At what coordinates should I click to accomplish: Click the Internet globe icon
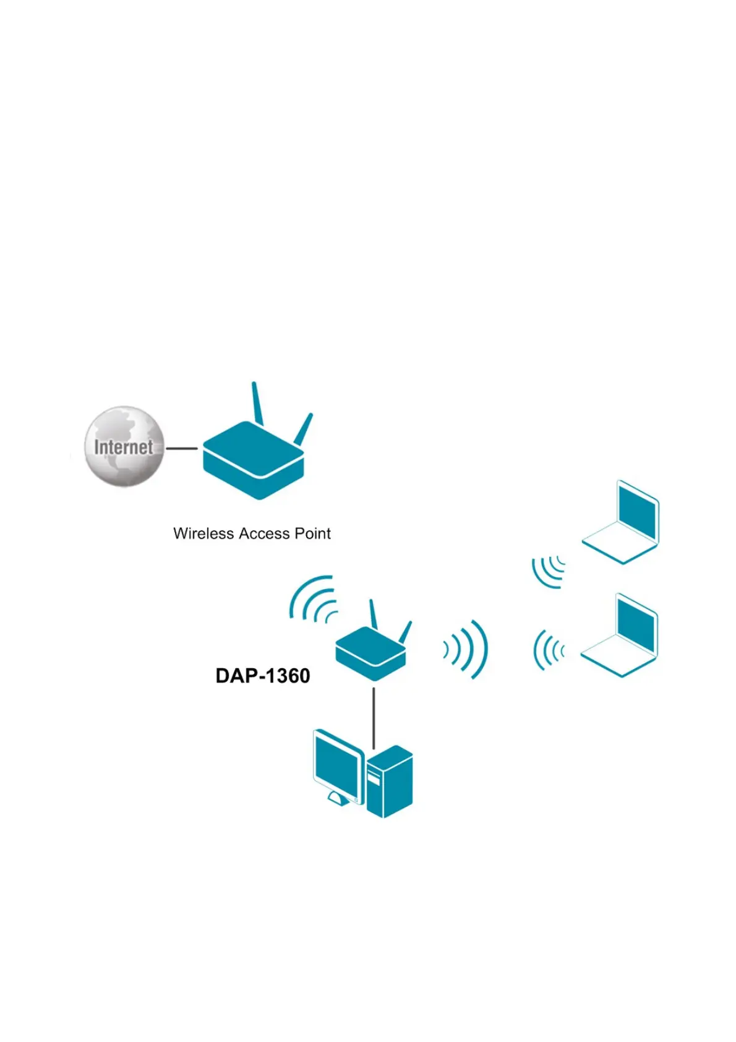tap(124, 446)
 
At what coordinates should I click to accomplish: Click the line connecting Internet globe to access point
tap(182, 448)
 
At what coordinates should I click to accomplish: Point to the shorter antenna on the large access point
tap(304, 429)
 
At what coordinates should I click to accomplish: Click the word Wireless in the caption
tap(203, 533)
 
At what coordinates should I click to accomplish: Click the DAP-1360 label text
tap(263, 676)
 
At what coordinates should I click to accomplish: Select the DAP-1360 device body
tap(370, 653)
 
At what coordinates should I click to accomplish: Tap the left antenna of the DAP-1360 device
tap(373, 614)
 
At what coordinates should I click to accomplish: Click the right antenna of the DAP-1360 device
tap(405, 632)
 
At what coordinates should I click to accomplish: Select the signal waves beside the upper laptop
tap(549, 571)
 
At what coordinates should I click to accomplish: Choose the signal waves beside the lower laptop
tap(549, 650)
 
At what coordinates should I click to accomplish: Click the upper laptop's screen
tap(637, 513)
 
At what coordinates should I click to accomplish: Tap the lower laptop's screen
tap(636, 626)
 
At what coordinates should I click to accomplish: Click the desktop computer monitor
tap(338, 765)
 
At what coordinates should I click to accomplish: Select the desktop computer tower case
tap(390, 783)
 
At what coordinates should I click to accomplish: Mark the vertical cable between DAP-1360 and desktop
tap(374, 718)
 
